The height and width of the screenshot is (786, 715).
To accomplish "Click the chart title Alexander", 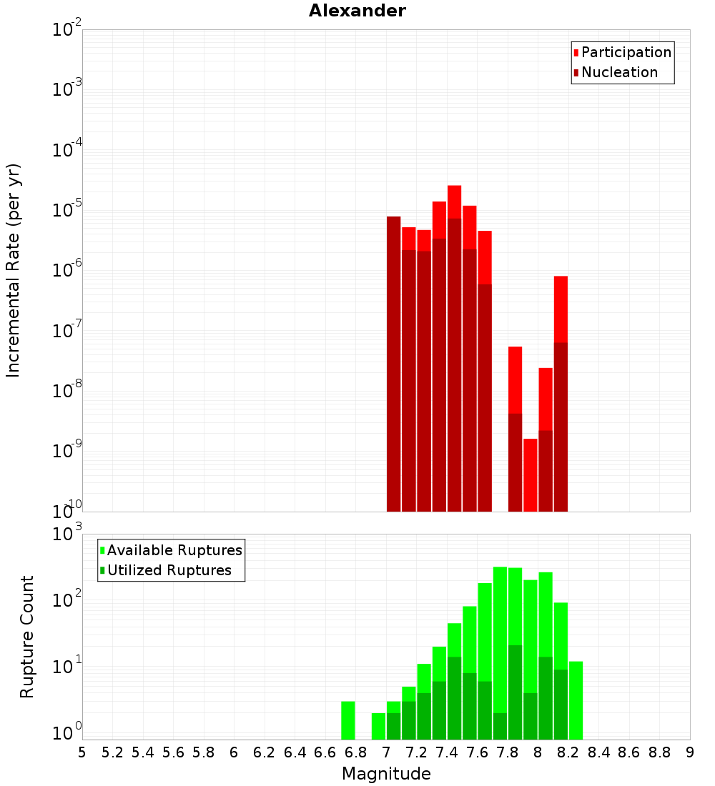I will pos(357,11).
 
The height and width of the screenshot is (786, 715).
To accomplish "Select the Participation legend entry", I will pos(626,52).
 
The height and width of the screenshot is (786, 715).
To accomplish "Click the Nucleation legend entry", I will pos(618,72).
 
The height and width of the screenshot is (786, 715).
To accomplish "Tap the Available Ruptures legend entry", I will pos(174,550).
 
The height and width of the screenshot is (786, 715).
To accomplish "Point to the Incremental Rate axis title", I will pos(14,270).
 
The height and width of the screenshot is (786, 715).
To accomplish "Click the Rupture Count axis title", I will pos(27,636).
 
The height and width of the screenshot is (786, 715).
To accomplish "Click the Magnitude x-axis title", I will pos(386,773).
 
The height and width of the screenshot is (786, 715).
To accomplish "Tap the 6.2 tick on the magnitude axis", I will pos(265,752).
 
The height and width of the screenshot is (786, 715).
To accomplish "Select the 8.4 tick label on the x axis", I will pos(598,752).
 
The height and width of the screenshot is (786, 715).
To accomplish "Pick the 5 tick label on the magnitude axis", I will pos(82,752).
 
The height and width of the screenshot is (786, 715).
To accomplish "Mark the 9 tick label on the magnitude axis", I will pos(690,752).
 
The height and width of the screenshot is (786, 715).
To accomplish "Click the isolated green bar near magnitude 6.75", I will pos(347,720).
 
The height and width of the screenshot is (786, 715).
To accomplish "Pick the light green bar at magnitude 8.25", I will pos(576,700).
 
